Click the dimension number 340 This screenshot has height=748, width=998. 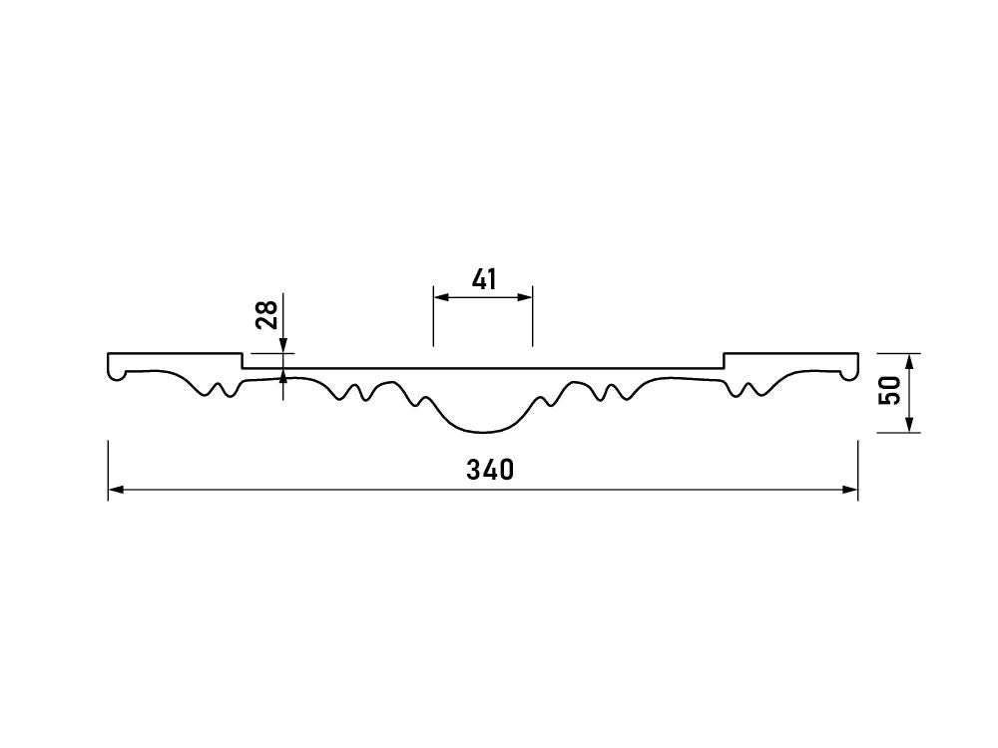(489, 470)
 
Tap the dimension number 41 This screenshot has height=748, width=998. (484, 279)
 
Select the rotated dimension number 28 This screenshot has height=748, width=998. (266, 314)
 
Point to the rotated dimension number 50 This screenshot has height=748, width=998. (890, 390)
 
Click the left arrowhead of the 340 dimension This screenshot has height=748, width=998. (116, 489)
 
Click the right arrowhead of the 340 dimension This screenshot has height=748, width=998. (849, 489)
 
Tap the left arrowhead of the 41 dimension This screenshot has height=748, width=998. (442, 297)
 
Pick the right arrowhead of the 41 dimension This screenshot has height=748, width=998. (524, 297)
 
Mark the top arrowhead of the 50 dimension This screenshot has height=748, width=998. (909, 361)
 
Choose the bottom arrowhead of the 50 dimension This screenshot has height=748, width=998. (909, 424)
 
